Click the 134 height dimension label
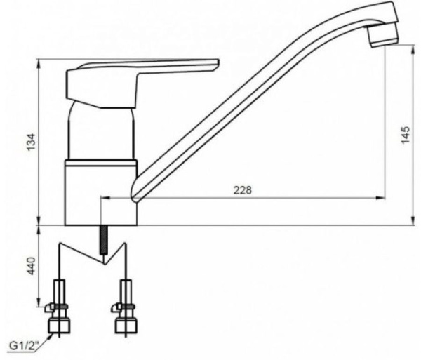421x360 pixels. [x=32, y=142]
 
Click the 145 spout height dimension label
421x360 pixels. [x=406, y=135]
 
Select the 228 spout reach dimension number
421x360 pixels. [x=243, y=190]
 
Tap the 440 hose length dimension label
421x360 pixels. [x=32, y=266]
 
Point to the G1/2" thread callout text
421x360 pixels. [x=24, y=346]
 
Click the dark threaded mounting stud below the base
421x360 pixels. [x=103, y=240]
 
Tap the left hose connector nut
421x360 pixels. [x=59, y=326]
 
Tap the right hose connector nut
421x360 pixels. [x=126, y=326]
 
